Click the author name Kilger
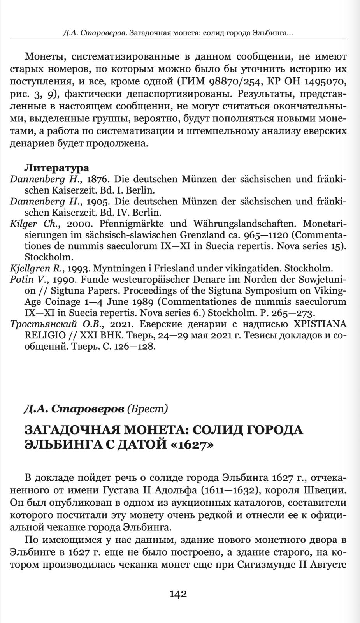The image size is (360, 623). point(23,224)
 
